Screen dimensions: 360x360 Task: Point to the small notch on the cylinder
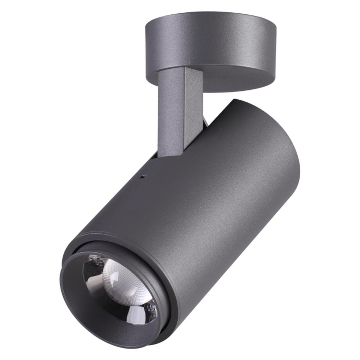click(x=143, y=176)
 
